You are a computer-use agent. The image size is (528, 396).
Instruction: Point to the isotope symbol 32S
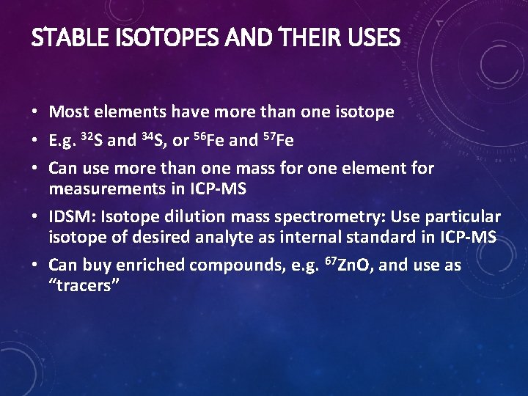click(x=92, y=139)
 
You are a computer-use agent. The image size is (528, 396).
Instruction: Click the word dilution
click(x=191, y=218)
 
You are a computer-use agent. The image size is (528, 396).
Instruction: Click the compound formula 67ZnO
click(x=346, y=265)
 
